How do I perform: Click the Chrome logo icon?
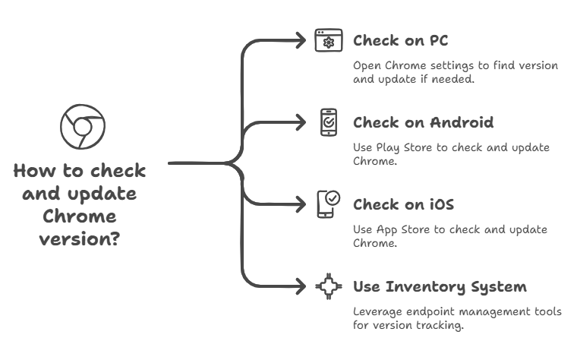(x=81, y=127)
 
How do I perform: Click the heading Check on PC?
(x=405, y=40)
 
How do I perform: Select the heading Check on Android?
(x=424, y=123)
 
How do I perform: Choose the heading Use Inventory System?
(x=440, y=287)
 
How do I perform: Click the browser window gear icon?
(x=329, y=40)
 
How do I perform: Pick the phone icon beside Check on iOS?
(x=328, y=204)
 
